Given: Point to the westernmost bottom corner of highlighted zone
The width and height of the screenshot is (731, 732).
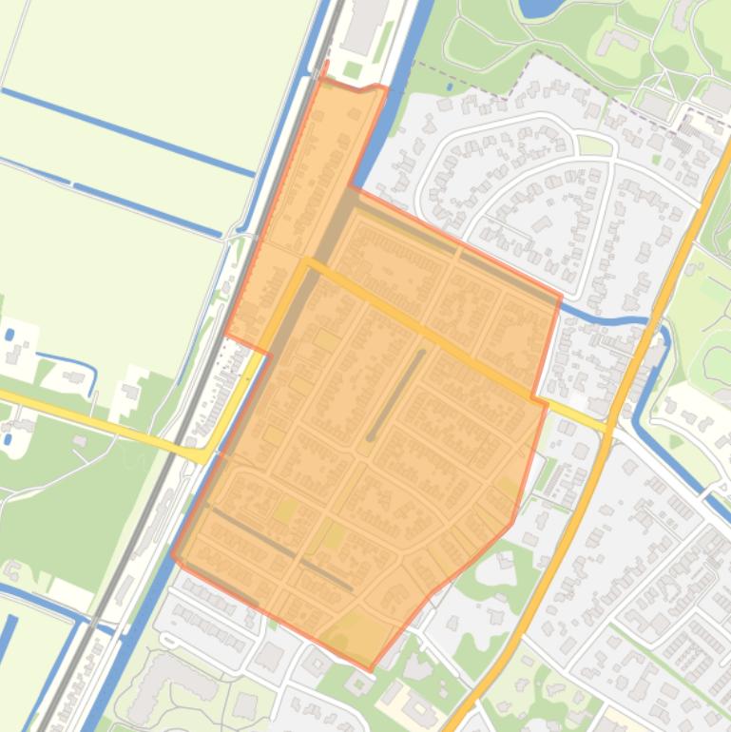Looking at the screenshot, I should point(174,556).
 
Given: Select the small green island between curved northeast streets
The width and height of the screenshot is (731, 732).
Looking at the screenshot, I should point(594,145).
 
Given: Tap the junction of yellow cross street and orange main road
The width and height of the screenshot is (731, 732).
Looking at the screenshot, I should point(609,425).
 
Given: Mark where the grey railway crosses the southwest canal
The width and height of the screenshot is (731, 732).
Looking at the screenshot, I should point(86,623).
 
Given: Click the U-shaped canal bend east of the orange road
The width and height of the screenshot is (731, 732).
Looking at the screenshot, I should point(656,328).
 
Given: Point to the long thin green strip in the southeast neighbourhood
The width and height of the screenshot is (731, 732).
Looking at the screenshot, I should point(665,656).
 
